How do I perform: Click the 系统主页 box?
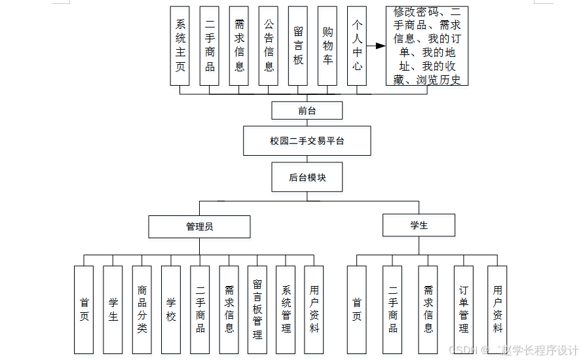pos(180,46)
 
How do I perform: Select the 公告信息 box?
pos(269,46)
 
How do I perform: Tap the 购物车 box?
pos(328,46)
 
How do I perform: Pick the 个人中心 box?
pos(357,46)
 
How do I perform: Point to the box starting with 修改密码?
pos(426,46)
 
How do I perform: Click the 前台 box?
pos(307,111)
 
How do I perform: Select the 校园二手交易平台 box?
pos(307,141)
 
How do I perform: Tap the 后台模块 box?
pos(307,177)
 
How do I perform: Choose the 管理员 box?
pos(199,226)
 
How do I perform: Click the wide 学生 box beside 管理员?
pos(419,225)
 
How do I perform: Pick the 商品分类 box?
pos(142,310)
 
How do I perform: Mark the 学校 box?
pos(171,310)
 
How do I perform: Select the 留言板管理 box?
pos(257,310)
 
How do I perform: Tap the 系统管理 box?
pos(286,310)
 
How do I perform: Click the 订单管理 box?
pos(464,310)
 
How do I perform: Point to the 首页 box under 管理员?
pos(84,310)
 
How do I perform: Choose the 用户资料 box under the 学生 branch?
pos(498,310)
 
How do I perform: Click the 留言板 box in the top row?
pos(298,46)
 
